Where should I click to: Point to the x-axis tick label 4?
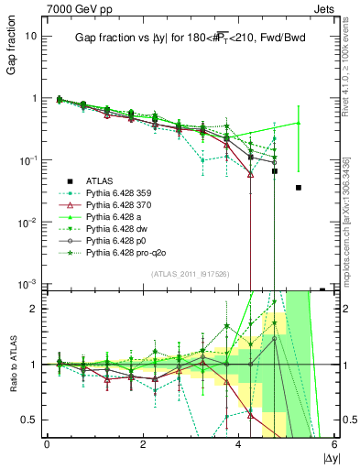pos(239,444)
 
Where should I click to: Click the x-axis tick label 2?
pos(143,444)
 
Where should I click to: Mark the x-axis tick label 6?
pos(334,444)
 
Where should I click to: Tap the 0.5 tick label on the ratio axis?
pos(28,420)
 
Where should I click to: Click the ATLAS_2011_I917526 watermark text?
pos(189,275)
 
